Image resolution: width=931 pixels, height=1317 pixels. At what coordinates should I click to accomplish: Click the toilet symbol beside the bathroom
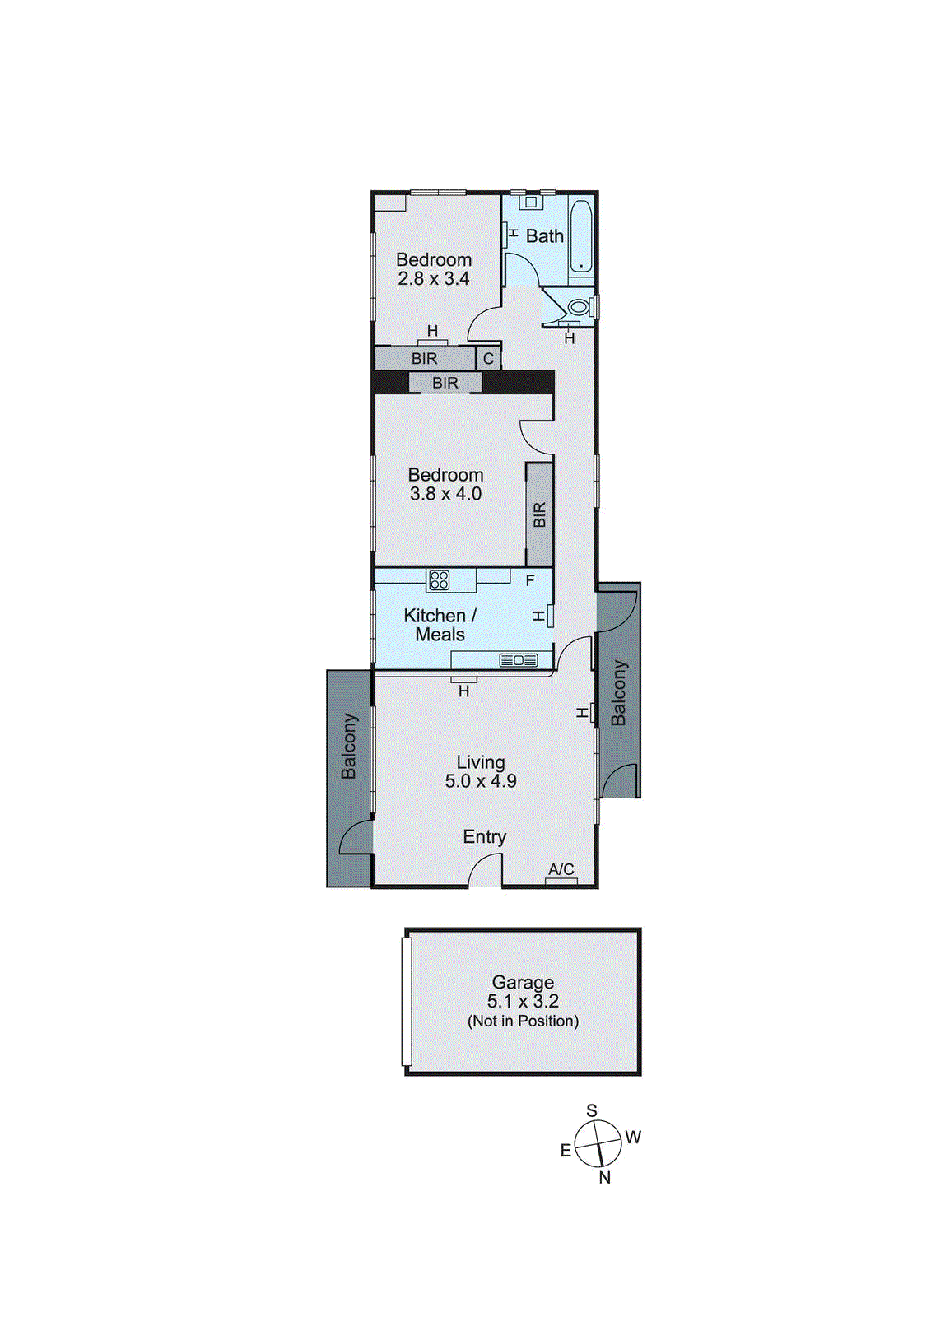coord(579,308)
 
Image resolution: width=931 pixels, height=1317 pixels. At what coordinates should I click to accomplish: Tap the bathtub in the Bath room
coord(581,236)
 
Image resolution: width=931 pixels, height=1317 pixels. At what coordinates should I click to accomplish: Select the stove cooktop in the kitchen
coord(439,579)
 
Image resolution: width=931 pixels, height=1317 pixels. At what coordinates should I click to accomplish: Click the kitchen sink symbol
coord(519,660)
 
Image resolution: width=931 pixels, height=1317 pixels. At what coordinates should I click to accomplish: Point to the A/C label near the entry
coord(561,869)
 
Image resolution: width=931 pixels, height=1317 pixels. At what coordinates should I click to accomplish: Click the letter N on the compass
coord(605,1178)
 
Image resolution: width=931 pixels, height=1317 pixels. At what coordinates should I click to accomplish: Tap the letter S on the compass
coord(591,1111)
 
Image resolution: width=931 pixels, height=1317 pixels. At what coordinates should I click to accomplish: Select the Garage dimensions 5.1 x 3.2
coord(523,1002)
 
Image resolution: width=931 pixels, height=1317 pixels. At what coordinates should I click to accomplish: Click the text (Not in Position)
coord(523,1021)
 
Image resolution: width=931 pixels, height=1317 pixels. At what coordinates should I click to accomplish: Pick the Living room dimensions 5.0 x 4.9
coord(481,781)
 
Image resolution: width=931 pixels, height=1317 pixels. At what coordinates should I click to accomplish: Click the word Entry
coord(484,837)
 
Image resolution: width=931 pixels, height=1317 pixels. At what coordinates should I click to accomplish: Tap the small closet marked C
coord(488,359)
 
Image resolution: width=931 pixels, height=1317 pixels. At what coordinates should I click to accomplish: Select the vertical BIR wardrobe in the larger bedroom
coord(539,514)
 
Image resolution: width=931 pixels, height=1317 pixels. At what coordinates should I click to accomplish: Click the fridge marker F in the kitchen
coord(530,580)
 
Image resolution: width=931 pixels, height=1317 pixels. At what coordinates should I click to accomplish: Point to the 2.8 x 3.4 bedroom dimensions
coord(434,279)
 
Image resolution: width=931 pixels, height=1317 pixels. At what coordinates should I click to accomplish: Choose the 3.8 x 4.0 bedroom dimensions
coord(445,494)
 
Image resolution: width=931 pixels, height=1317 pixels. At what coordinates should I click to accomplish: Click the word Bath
coord(545,236)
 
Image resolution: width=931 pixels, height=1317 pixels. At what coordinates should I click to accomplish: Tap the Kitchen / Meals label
coord(440,625)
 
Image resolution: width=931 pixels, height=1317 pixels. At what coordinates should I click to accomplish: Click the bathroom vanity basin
coord(531,202)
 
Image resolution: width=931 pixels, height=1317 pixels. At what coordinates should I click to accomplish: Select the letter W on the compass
coord(633,1138)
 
